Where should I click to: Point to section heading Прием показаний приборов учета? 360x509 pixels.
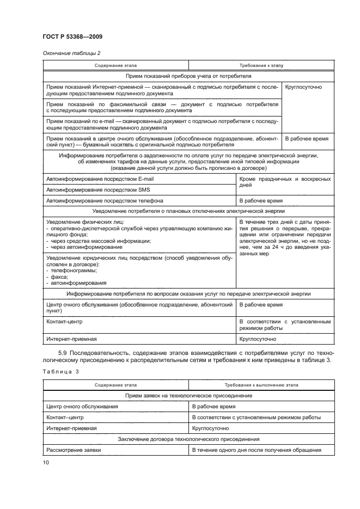click(188, 76)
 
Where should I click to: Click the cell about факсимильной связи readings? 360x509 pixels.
click(162, 107)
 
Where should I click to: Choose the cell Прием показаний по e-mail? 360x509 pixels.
click(162, 125)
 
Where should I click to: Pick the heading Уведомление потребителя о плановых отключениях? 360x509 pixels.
click(188, 211)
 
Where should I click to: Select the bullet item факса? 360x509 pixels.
click(57, 277)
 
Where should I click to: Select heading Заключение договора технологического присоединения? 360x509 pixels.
click(188, 439)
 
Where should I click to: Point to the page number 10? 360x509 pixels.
click(45, 463)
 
